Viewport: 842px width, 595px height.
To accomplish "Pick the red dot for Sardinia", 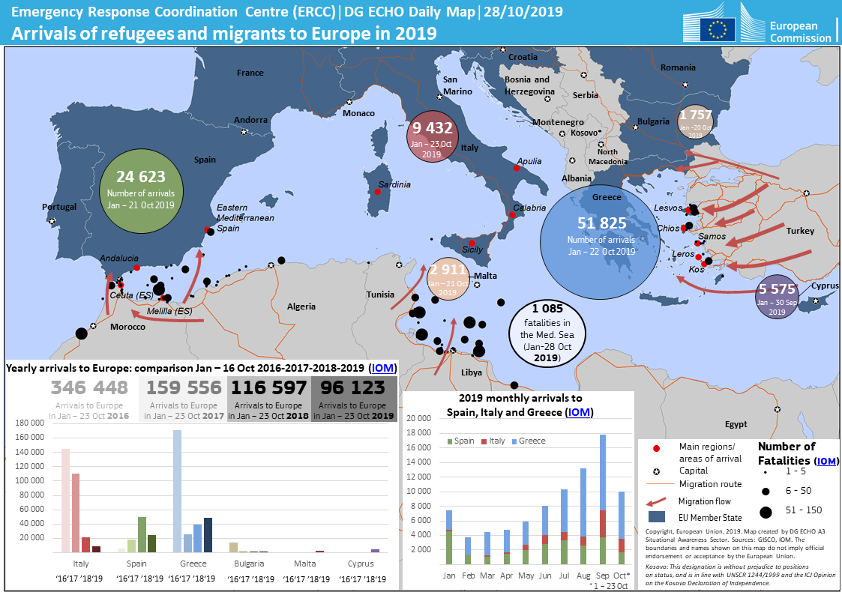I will pos(377,192).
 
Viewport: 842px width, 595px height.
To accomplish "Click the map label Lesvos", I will pos(668,208).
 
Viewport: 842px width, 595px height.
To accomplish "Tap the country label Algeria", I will pos(301,306).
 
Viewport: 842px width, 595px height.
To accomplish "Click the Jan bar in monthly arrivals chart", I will pos(449,537).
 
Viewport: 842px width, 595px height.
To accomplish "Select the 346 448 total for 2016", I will pos(90,387).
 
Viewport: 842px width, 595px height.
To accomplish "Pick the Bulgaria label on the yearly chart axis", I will pos(249,563).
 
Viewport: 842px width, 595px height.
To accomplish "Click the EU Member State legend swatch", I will pos(657,516).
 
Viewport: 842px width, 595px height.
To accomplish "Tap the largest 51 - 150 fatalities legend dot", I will pos(766,512).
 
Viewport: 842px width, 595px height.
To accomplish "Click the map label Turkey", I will pos(800,231).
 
